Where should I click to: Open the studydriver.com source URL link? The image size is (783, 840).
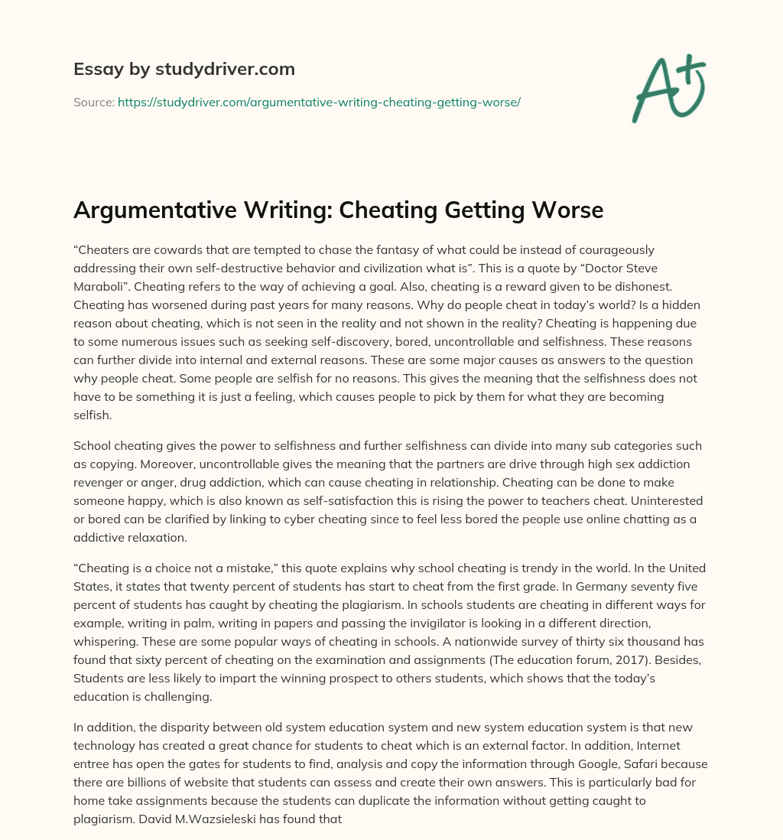tap(319, 102)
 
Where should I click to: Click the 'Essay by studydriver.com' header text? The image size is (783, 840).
tap(184, 69)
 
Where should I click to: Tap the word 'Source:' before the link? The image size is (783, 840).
tap(94, 102)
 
